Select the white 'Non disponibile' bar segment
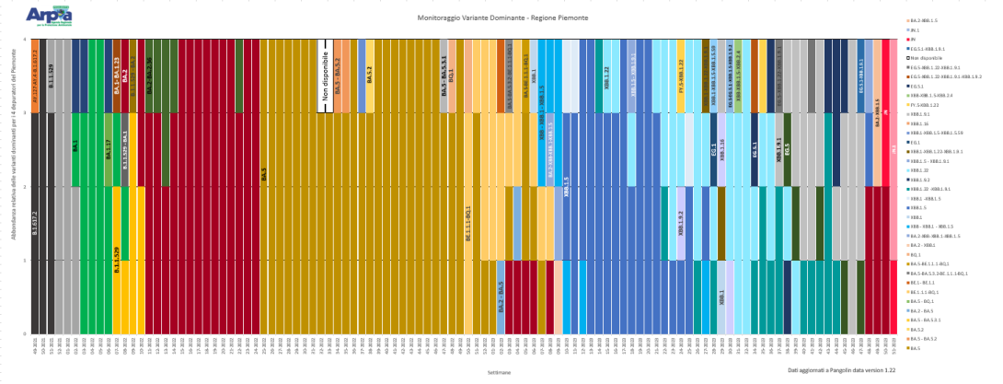tap(324, 76)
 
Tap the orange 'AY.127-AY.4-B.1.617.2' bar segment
tap(35, 76)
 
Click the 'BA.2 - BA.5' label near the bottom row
tap(501, 296)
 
